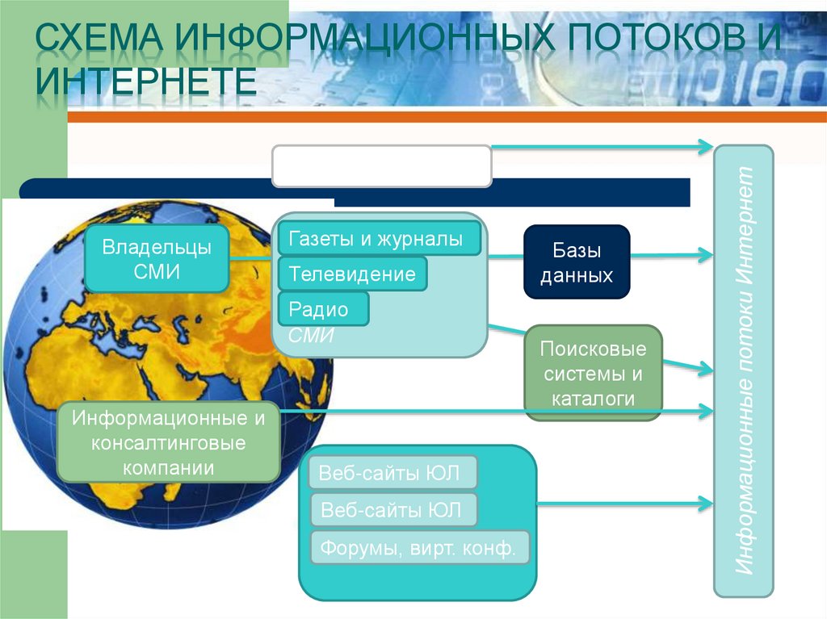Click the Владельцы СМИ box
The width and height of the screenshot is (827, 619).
tap(157, 258)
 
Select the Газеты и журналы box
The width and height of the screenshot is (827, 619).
tap(380, 239)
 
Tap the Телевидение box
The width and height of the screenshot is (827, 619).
tap(352, 274)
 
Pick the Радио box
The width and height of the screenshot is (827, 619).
tap(323, 309)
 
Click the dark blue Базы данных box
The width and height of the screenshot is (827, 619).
tap(577, 262)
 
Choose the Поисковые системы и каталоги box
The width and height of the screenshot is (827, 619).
tap(594, 374)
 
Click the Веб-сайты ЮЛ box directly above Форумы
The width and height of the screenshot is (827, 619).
tap(393, 510)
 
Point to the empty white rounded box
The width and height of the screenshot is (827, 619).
tap(382, 166)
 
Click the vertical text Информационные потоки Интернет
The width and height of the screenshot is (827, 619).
tap(744, 370)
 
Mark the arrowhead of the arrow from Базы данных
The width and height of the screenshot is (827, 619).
tap(704, 256)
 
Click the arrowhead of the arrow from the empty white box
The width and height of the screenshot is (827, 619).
tap(704, 147)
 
